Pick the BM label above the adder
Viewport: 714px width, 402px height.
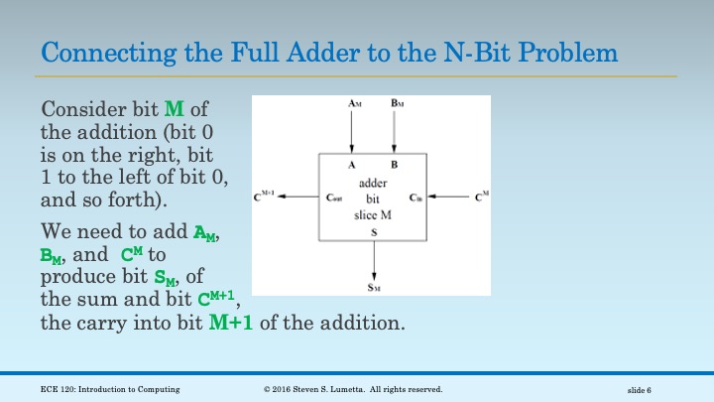pos(396,104)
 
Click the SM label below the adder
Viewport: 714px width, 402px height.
pos(374,288)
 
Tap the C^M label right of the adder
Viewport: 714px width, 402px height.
pos(481,198)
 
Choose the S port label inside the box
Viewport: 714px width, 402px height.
pos(374,231)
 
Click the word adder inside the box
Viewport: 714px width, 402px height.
pos(373,184)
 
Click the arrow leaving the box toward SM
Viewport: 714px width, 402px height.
pos(374,260)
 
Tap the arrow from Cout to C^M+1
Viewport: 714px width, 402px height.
pos(297,198)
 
